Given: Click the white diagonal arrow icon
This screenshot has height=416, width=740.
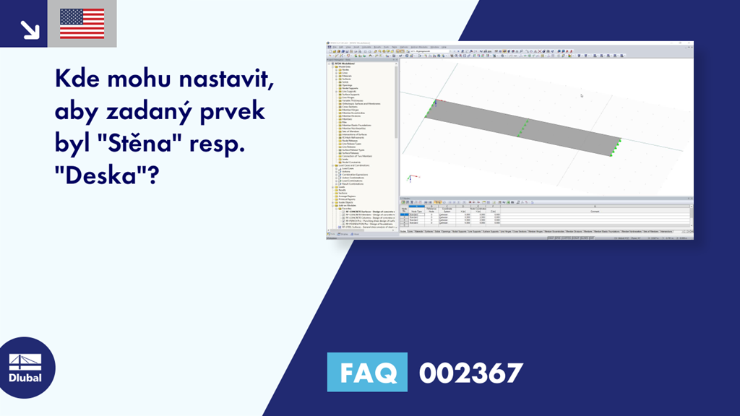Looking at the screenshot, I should pos(29,28).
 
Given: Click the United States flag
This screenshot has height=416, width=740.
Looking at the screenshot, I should pos(82,24).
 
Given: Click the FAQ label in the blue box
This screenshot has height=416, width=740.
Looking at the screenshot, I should pos(367,373).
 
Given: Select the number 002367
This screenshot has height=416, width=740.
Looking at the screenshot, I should pos(470,373).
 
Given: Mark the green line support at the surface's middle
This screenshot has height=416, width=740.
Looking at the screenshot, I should pos(523,127).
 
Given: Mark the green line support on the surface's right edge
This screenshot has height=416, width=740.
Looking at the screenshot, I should pos(616,147).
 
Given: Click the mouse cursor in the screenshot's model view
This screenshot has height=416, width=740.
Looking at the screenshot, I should pos(581,95).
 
